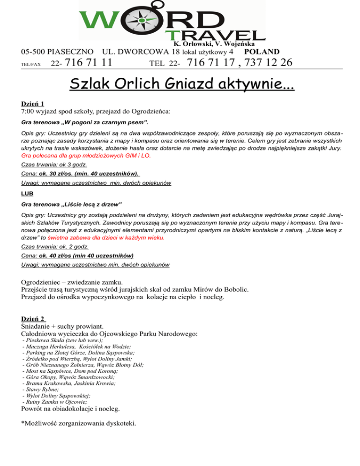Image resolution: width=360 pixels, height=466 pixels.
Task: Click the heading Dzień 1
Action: (x=33, y=104)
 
